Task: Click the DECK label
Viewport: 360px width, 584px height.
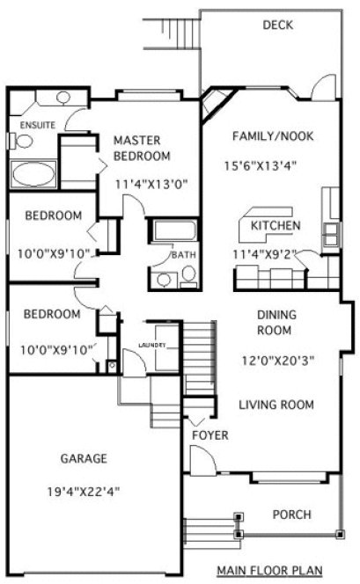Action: pos(278,25)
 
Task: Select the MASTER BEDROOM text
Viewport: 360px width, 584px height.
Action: pos(142,148)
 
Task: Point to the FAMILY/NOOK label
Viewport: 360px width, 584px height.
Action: pos(273,136)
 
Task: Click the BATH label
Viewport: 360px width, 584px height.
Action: pos(184,255)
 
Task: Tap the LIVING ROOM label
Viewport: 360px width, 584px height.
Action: pos(276,405)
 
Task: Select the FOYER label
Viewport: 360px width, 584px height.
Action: pos(210,435)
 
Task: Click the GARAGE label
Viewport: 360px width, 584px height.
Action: pos(84,458)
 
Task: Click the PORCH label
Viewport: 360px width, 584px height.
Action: pos(290,515)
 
